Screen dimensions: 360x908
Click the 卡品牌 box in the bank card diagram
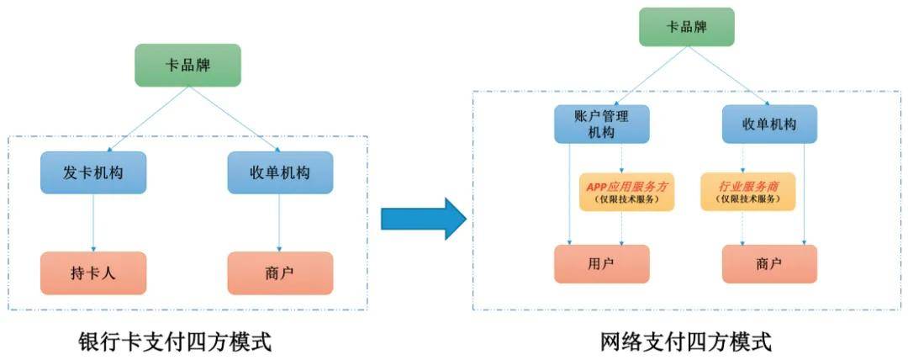click(x=187, y=65)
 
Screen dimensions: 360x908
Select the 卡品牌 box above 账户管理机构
click(x=687, y=27)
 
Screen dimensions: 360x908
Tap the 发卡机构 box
click(x=93, y=172)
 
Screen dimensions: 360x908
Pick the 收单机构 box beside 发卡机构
click(x=280, y=172)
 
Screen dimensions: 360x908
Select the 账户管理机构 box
click(x=601, y=124)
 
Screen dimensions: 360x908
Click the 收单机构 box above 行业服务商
click(x=769, y=124)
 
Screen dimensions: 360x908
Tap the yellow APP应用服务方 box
click(x=626, y=192)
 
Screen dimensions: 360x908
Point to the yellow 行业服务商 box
click(x=747, y=192)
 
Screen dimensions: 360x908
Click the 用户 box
click(x=601, y=264)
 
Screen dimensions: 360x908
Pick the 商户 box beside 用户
click(x=769, y=264)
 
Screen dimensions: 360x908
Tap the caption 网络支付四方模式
click(x=686, y=342)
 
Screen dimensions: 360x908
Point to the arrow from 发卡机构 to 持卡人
click(x=93, y=222)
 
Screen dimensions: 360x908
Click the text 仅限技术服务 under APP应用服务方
click(x=626, y=200)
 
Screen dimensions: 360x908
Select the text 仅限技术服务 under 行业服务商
click(x=747, y=200)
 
